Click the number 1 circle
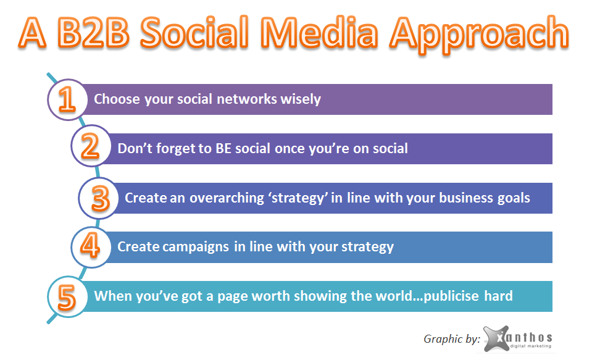(67, 100)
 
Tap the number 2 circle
(91, 146)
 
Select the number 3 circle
(99, 198)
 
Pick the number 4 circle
(91, 247)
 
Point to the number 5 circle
(67, 296)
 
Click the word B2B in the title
(93, 33)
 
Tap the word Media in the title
(319, 33)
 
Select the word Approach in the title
(479, 35)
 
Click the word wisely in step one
(301, 99)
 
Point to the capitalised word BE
(223, 148)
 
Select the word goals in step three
(514, 199)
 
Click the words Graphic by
(451, 339)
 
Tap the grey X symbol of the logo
(496, 338)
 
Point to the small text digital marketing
(530, 346)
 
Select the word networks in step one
(247, 99)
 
